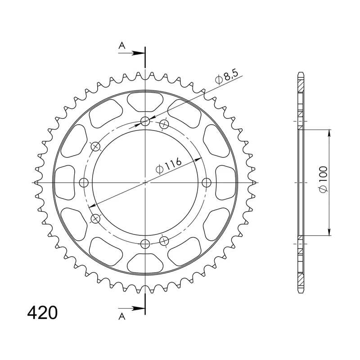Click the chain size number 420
click(x=42, y=313)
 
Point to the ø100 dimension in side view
click(x=323, y=180)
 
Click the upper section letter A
click(x=122, y=46)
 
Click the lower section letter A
click(x=122, y=317)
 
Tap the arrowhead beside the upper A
click(x=139, y=53)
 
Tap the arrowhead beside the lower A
click(x=139, y=308)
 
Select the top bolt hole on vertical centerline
click(x=145, y=121)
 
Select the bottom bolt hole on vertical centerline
click(x=145, y=244)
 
